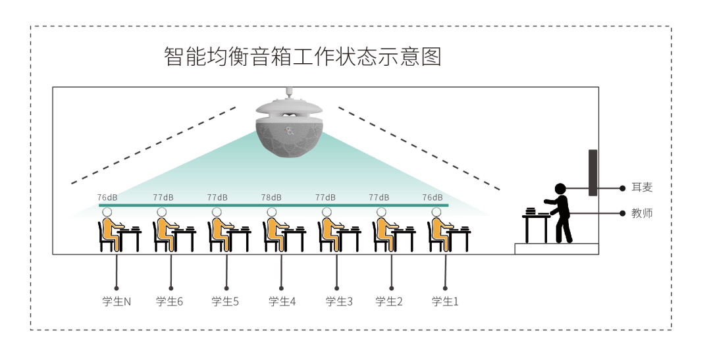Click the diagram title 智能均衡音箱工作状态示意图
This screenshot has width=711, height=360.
(x=302, y=57)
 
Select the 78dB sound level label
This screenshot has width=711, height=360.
(x=271, y=197)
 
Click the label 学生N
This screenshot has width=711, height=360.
(x=117, y=301)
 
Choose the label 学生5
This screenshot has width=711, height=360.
(x=225, y=301)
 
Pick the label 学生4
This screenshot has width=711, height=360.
(x=282, y=301)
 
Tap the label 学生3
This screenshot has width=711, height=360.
(x=339, y=301)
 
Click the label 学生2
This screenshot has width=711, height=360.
(x=389, y=301)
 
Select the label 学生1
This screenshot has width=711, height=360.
(x=445, y=301)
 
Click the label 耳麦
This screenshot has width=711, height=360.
(x=642, y=188)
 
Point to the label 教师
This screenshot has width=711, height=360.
(x=642, y=213)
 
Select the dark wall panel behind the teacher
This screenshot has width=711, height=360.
(x=592, y=172)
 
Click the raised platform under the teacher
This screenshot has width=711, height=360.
(x=556, y=249)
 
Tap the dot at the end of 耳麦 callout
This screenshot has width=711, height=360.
(x=622, y=188)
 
